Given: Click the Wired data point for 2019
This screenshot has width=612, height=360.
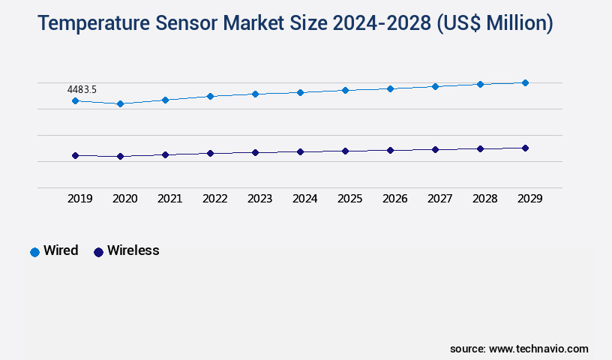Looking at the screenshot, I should pyautogui.click(x=75, y=100).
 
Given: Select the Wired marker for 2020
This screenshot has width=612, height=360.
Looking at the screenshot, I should pyautogui.click(x=120, y=103).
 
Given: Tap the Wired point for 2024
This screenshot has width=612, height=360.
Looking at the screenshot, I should pyautogui.click(x=300, y=92).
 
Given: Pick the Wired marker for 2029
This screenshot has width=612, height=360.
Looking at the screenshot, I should pyautogui.click(x=525, y=82).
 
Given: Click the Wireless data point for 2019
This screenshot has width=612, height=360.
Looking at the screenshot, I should pyautogui.click(x=75, y=155).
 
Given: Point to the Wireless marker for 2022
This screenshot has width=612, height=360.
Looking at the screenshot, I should pyautogui.click(x=210, y=153).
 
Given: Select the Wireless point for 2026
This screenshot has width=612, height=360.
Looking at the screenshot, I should pyautogui.click(x=390, y=150).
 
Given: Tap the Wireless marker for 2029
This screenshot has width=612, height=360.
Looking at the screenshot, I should pyautogui.click(x=525, y=148).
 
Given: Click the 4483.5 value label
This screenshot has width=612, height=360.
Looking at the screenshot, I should pyautogui.click(x=82, y=89).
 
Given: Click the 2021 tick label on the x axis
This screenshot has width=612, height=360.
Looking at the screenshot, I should pyautogui.click(x=169, y=199).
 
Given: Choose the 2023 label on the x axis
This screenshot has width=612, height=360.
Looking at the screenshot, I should pyautogui.click(x=259, y=199).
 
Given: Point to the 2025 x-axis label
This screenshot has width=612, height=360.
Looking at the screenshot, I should pyautogui.click(x=349, y=199).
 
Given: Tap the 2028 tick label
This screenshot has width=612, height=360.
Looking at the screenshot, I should pyautogui.click(x=484, y=199).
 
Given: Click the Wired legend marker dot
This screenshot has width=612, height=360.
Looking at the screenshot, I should pyautogui.click(x=34, y=252).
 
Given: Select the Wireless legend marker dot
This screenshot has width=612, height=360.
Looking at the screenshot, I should pyautogui.click(x=98, y=252).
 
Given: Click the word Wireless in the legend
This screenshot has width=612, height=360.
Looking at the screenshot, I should pyautogui.click(x=133, y=250).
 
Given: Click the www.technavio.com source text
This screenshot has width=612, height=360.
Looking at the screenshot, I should pyautogui.click(x=538, y=349).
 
